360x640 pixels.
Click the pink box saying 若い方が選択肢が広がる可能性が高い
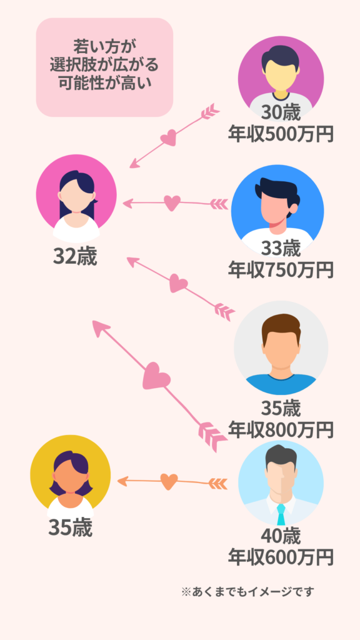pyautogui.click(x=104, y=67)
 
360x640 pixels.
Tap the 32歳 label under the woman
pyautogui.click(x=75, y=257)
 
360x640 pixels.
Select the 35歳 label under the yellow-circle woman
pyautogui.click(x=71, y=527)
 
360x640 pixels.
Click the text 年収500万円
pyautogui.click(x=281, y=134)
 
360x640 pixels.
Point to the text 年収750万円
pyautogui.click(x=281, y=269)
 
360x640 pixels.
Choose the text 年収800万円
pyautogui.click(x=281, y=429)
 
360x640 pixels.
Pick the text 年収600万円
pyautogui.click(x=281, y=557)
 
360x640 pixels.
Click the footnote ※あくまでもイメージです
pyautogui.click(x=247, y=591)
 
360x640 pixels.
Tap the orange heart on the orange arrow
pyautogui.click(x=169, y=482)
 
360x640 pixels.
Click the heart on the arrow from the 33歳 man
pyautogui.click(x=172, y=203)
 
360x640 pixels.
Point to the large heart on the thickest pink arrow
pyautogui.click(x=156, y=376)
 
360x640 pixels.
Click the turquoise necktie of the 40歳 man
pyautogui.click(x=281, y=514)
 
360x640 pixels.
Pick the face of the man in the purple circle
pyautogui.click(x=281, y=75)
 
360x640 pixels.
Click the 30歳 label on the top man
pyautogui.click(x=281, y=113)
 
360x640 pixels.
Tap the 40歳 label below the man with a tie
pyautogui.click(x=281, y=536)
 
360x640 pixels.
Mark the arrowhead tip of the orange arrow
pyautogui.click(x=117, y=481)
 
